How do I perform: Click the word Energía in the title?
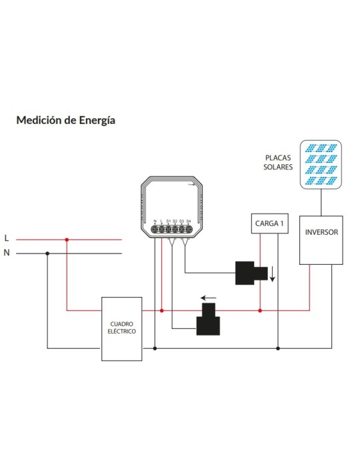97,121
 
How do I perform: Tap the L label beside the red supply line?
7,238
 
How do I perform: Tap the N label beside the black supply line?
7,253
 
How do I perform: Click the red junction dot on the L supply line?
67,240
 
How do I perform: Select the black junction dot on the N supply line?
47,254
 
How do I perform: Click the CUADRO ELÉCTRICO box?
122,329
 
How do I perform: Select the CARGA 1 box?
269,223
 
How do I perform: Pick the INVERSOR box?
321,240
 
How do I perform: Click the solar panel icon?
321,164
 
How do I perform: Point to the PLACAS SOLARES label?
278,162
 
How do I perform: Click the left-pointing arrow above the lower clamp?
209,298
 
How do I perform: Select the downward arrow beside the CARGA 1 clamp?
272,274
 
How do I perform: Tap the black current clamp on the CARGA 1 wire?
251,273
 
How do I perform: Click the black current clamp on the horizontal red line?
208,320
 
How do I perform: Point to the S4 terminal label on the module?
188,221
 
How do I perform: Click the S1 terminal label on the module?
169,221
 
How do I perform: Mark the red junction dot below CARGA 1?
260,311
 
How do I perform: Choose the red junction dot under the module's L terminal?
162,311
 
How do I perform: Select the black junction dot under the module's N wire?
155,348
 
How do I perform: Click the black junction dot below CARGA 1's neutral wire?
278,348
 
